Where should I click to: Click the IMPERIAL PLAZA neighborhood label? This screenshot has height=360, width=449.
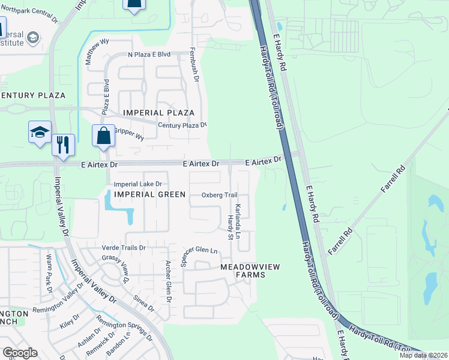click(158, 113)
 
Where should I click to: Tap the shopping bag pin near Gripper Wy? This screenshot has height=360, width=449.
click(104, 136)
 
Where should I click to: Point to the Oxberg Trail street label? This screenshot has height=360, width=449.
click(220, 195)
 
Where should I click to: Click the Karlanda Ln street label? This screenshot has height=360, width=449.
click(238, 221)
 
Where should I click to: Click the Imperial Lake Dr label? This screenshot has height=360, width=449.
click(138, 184)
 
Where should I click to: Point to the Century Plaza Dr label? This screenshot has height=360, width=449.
click(182, 125)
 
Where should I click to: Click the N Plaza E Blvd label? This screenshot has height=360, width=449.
click(149, 55)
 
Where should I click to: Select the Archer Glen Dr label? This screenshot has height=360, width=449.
click(169, 282)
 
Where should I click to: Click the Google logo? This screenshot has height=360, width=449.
click(20, 352)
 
